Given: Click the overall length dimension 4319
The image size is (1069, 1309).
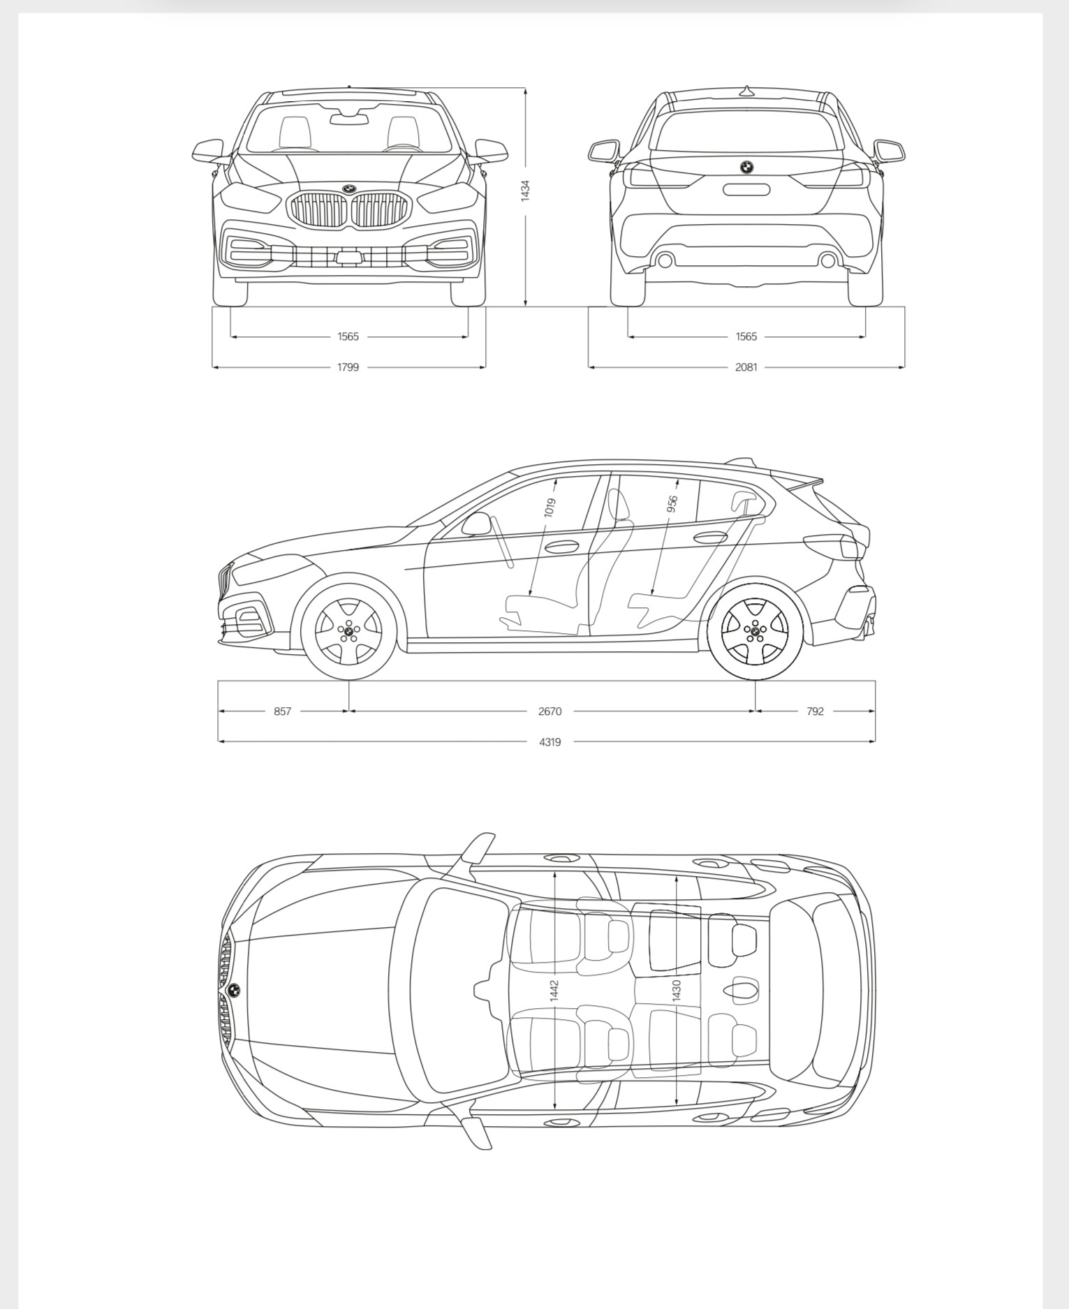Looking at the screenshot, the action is (x=550, y=741).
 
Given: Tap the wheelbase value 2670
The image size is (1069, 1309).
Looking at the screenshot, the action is (x=550, y=711).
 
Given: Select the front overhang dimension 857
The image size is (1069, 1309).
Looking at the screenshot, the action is (x=282, y=711).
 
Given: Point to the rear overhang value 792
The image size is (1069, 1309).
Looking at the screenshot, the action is (x=815, y=711).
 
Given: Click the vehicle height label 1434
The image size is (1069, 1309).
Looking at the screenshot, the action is (x=525, y=191).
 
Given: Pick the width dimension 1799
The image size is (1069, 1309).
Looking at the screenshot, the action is (x=348, y=367).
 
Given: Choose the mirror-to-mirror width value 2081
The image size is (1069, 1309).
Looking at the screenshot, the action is (x=746, y=367).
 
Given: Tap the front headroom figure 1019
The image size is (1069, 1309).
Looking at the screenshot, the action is (x=550, y=508).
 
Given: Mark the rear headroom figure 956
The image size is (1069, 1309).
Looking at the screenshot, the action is (x=672, y=504).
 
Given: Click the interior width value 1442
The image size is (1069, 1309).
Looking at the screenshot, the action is (x=554, y=991).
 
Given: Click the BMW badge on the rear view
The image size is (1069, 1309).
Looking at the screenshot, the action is (x=746, y=167).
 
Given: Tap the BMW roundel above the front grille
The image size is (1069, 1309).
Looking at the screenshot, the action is (x=349, y=188).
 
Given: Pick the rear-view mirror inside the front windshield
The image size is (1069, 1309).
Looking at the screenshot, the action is (x=349, y=119).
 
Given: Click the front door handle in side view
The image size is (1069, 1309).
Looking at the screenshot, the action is (x=561, y=547).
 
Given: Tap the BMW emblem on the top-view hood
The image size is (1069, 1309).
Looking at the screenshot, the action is (x=234, y=990).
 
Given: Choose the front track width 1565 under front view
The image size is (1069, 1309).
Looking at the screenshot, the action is (x=348, y=337).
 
